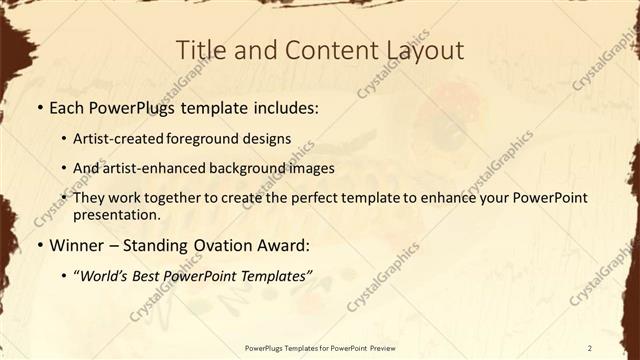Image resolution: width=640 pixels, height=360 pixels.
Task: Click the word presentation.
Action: tap(117, 215)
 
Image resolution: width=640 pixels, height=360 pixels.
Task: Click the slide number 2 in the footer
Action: tap(590, 347)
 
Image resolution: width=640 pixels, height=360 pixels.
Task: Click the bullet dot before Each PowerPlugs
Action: tap(40, 107)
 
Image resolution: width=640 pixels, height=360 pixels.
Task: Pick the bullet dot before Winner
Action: tap(40, 245)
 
